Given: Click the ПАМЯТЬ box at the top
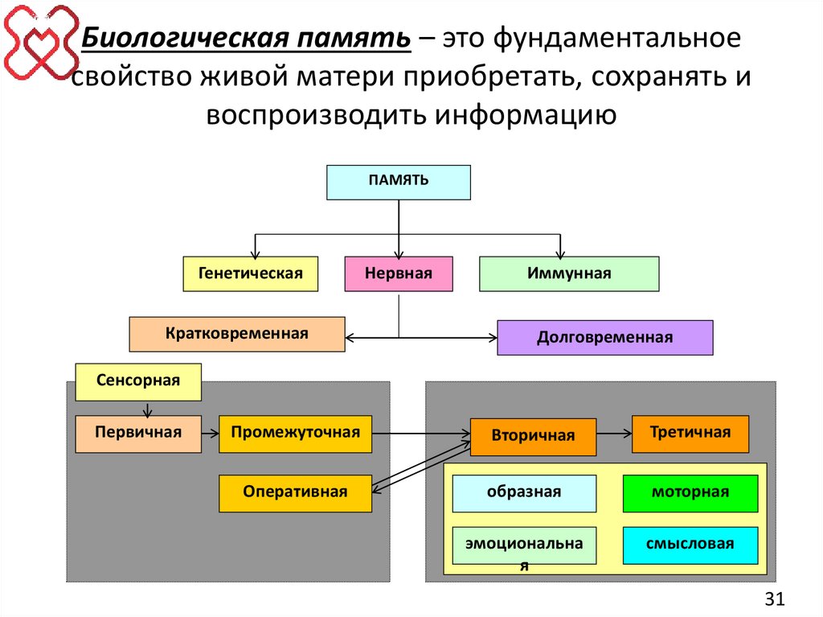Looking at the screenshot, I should click(399, 182).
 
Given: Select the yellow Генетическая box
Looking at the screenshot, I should click(250, 274).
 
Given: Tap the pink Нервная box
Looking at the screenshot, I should click(399, 274).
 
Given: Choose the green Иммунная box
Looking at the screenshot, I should click(569, 274).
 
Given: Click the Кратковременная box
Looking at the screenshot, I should click(237, 334).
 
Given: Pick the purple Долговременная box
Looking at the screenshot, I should click(605, 337).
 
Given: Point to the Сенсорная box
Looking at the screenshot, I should click(138, 381).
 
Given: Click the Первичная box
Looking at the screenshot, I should click(138, 434).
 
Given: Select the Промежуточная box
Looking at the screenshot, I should click(295, 434).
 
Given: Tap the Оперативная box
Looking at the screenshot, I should click(295, 493).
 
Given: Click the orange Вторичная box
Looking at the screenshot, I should click(533, 437).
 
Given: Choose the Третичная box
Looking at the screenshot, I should click(690, 434).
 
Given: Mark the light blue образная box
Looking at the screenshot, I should click(524, 493).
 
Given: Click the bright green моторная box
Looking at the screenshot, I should click(690, 493).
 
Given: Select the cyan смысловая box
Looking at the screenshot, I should click(690, 545).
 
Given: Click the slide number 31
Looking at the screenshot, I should click(774, 598).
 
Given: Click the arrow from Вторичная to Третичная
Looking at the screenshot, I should click(614, 434).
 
